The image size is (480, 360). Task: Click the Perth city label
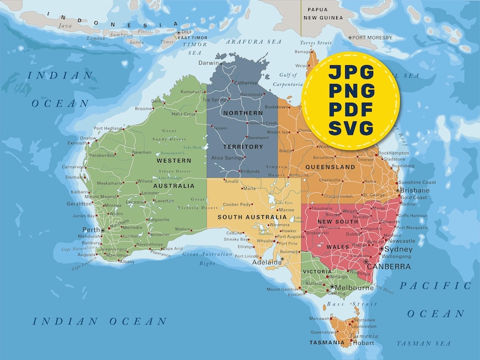click(x=91, y=230)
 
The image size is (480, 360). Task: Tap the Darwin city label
click(x=210, y=63)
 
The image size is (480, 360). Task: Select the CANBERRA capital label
click(x=389, y=266)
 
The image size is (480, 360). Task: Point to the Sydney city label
click(x=398, y=249)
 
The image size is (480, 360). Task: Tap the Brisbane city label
click(x=414, y=190)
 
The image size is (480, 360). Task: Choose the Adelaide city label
click(x=267, y=263)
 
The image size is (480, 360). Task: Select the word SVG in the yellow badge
click(x=351, y=128)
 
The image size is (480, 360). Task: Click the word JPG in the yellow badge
click(x=351, y=72)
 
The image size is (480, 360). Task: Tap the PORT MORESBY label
click(x=372, y=37)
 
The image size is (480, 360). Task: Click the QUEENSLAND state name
click(x=330, y=166)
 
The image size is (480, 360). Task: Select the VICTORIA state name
click(x=317, y=272)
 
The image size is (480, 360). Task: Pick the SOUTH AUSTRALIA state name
click(x=252, y=217)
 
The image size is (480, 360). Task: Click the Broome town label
click(x=144, y=109)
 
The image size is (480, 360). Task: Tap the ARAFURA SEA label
click(x=254, y=42)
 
